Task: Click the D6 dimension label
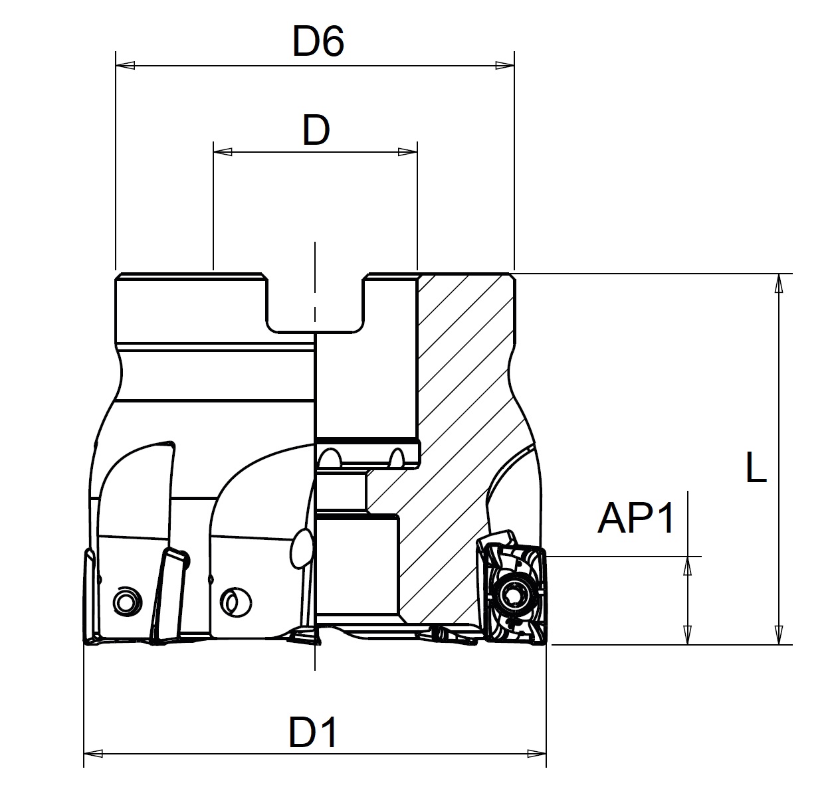(x=318, y=41)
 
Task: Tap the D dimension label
(x=316, y=130)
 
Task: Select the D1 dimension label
(x=313, y=733)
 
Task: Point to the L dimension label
(x=756, y=467)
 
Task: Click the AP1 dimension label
(x=636, y=518)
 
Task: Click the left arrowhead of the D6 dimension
(x=125, y=66)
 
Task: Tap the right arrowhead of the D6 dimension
(x=504, y=66)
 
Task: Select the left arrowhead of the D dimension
(x=223, y=152)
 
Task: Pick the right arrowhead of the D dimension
(x=407, y=152)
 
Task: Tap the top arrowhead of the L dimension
(x=779, y=283)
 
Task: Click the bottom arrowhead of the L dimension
(x=779, y=635)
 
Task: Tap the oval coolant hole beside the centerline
(x=302, y=549)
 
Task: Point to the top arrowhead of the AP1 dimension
(x=687, y=567)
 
